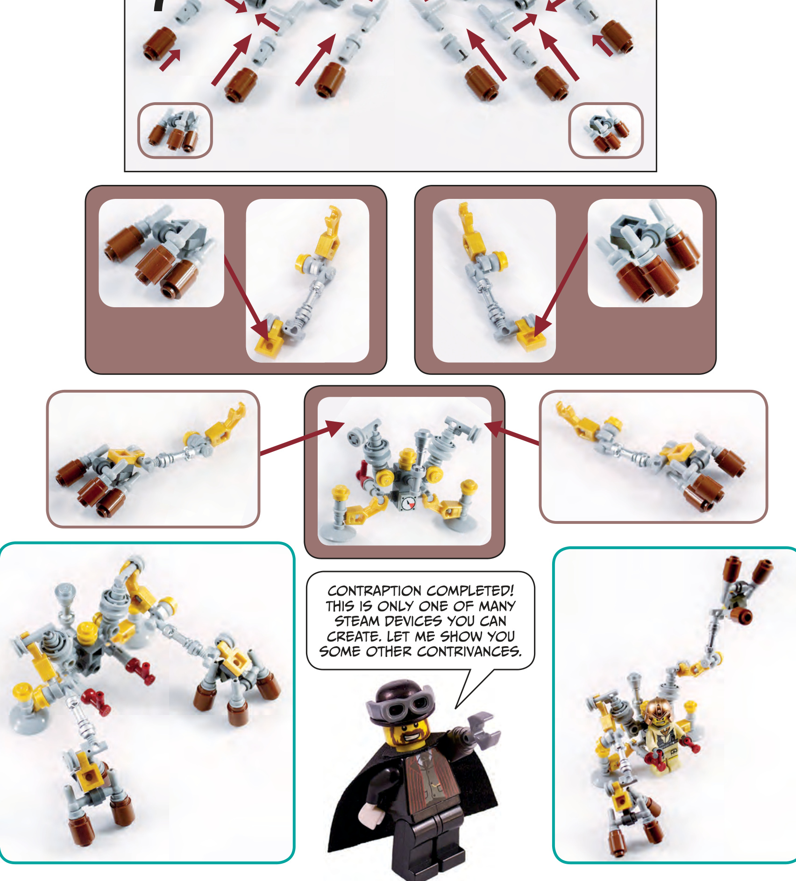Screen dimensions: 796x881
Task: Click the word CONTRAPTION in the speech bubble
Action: click(375, 591)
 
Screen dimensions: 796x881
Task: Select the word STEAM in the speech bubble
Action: click(357, 621)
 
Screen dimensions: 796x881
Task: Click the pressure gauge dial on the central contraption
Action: click(408, 503)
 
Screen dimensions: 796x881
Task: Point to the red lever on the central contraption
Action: click(363, 472)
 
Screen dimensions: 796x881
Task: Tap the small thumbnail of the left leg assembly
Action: click(175, 130)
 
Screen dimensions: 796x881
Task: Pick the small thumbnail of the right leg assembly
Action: click(606, 130)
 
